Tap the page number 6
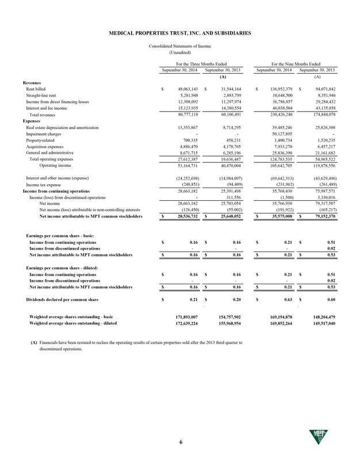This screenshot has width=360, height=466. pos(180,441)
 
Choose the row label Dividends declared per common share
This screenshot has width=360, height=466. pos(63,299)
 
